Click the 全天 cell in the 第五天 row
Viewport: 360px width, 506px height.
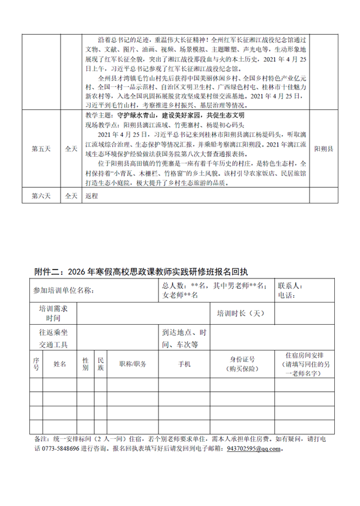coord(70,146)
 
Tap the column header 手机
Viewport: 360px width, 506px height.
coord(184,364)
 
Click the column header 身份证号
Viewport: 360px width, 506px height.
coord(242,360)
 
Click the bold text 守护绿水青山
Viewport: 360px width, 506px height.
coord(131,114)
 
